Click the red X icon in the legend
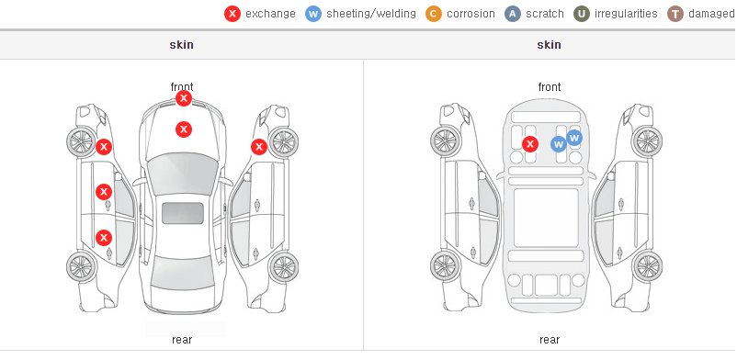coord(232,14)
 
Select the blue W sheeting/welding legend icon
coord(313,14)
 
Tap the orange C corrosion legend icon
coord(434,14)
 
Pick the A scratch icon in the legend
coord(513,14)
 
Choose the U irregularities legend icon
coord(582,14)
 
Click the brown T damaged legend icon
coord(675,14)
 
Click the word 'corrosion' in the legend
coord(471,14)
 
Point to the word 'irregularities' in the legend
coord(626,14)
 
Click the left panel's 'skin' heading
coord(181,45)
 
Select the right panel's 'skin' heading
coord(549,45)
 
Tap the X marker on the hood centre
coord(184,129)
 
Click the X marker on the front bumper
coord(184,98)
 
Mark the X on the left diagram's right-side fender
coord(259,147)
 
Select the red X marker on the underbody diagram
coord(530,144)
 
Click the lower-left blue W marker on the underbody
coord(559,144)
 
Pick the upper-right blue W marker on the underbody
coord(574,138)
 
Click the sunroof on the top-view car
coord(183,213)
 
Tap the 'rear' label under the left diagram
coord(182,340)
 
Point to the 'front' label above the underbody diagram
coord(550,87)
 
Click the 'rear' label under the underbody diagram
coord(550,340)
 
